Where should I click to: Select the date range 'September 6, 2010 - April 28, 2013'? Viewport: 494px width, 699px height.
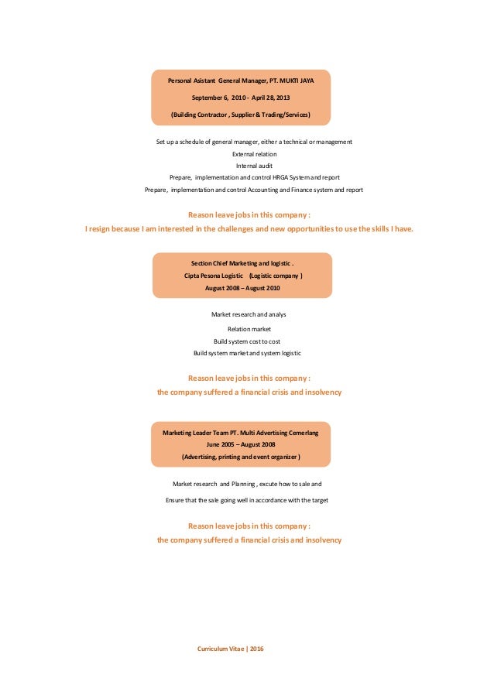242,98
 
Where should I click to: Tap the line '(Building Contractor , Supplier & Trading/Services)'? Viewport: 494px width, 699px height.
241,115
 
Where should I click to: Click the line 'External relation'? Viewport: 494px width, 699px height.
254,154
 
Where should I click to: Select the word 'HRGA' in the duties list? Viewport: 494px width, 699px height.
286,177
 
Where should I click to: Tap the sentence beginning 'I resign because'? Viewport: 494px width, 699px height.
249,228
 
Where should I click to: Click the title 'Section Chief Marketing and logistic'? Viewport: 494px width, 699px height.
241,264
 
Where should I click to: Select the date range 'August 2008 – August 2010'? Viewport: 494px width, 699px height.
242,288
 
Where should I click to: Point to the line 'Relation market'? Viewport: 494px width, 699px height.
249,329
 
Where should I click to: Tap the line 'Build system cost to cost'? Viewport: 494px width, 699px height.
247,341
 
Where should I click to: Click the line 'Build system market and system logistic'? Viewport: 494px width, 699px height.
247,353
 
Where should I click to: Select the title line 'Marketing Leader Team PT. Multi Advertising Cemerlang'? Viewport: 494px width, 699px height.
241,433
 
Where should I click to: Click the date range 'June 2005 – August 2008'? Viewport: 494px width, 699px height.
242,445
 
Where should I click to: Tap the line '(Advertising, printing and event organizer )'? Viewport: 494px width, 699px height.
241,457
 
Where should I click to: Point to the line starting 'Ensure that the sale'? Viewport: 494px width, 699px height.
247,500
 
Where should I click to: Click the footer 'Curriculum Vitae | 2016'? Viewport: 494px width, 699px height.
231,648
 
